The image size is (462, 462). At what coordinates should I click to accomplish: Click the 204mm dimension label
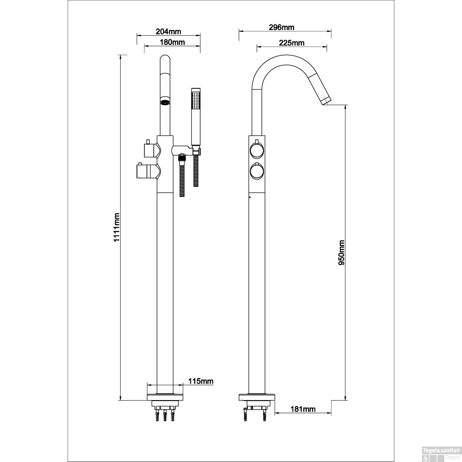coord(168,31)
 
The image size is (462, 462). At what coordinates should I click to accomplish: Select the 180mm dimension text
coord(172,42)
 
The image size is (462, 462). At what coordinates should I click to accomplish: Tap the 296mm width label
coord(282,27)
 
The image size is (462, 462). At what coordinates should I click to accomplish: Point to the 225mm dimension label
coord(291,43)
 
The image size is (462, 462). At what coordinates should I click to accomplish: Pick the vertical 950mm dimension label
coord(341,253)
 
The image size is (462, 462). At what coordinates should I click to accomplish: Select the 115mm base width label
coord(201,381)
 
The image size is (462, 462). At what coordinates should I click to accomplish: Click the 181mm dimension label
coord(303,409)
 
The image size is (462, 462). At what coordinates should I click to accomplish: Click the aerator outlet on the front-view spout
coord(165,102)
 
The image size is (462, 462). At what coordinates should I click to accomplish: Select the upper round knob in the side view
coord(257,151)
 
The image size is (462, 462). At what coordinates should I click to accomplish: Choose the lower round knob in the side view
coord(257,172)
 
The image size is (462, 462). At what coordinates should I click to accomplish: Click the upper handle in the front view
coord(150,150)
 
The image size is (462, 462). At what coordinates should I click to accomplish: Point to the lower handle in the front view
coord(147,171)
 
